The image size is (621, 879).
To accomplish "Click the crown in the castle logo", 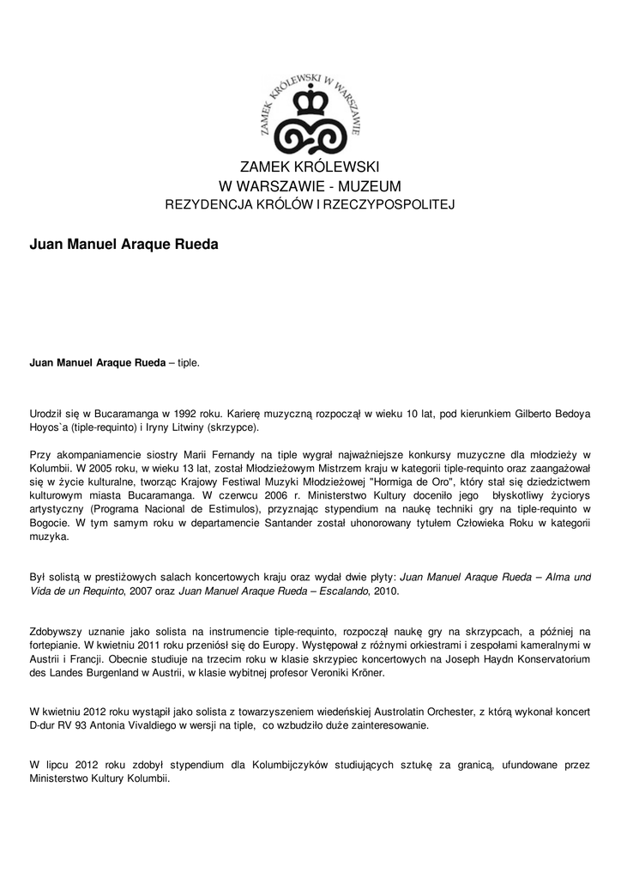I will coord(310,103).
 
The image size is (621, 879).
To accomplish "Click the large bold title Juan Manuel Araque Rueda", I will coord(124,245).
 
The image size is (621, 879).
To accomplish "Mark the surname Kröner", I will coord(367,674).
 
